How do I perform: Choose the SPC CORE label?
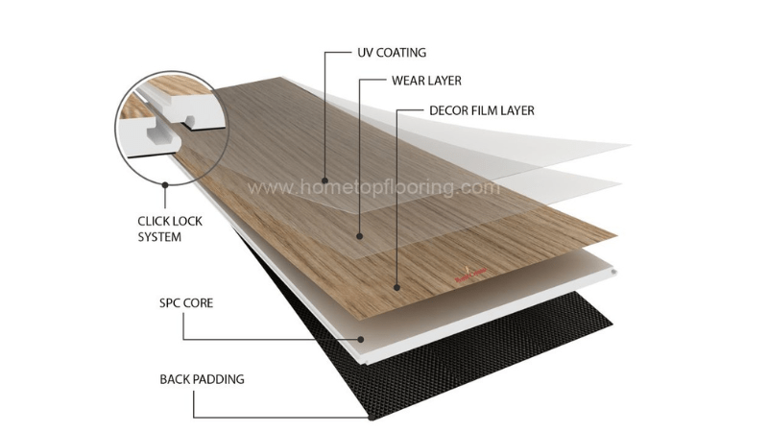tap(186, 303)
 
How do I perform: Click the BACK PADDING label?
tap(202, 379)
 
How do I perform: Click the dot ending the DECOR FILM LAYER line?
tap(396, 286)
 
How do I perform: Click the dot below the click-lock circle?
tap(164, 183)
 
